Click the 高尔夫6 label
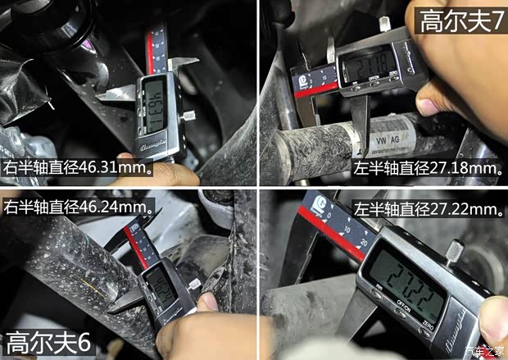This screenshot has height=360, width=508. [48, 340]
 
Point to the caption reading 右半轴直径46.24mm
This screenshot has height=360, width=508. [79, 206]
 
